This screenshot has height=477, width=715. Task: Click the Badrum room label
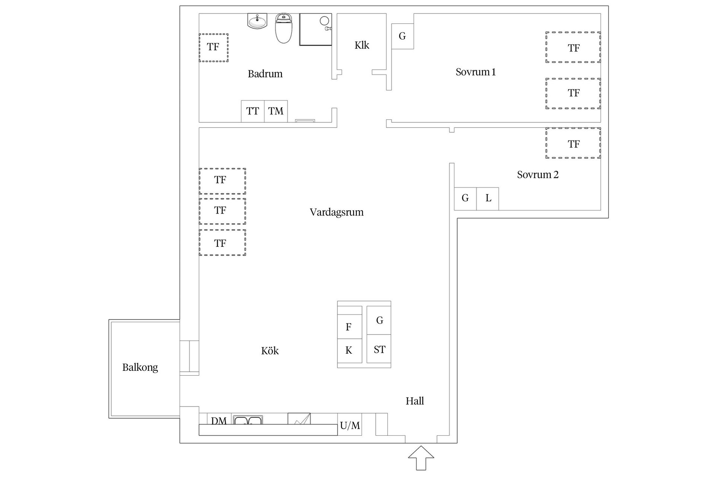coord(265,74)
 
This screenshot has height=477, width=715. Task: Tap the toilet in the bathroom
coord(284,29)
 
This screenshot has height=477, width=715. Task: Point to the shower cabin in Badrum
coord(315,29)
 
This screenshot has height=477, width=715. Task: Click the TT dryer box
coord(252,111)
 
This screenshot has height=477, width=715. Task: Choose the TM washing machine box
coord(276,111)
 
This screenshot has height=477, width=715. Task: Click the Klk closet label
coord(362,45)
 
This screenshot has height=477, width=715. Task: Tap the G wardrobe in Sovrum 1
coord(402,36)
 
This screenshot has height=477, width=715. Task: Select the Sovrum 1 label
coord(476,72)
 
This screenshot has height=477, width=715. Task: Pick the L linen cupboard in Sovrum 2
coord(488,199)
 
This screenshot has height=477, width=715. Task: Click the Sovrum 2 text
coord(538,175)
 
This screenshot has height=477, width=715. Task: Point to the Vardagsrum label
coord(337,212)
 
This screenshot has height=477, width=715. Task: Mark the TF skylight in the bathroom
coord(213,47)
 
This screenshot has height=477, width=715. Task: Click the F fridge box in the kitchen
coord(349,327)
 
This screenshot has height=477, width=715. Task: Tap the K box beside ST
coord(349,350)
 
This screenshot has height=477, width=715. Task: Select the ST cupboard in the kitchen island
coord(379,350)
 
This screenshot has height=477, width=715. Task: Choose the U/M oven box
coord(350,425)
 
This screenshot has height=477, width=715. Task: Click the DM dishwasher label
coord(219,421)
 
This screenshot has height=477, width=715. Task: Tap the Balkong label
coord(140,367)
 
